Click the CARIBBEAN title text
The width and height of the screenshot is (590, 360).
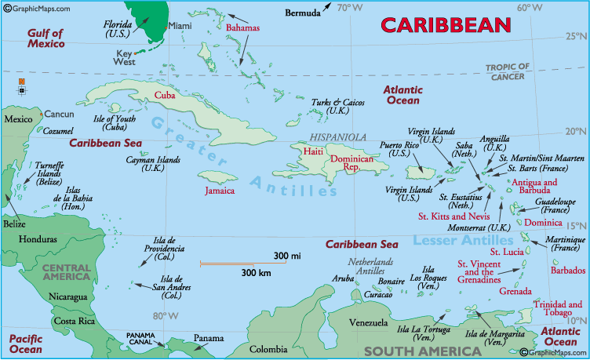[x=446, y=25]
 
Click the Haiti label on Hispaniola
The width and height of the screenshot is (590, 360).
[x=314, y=151]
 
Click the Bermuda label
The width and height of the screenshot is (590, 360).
[x=302, y=13]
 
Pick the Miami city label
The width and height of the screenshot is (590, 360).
[x=180, y=26]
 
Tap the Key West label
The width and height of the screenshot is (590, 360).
[x=126, y=57]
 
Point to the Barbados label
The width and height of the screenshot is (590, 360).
[x=568, y=271]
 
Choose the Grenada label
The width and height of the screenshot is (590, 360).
[x=515, y=291]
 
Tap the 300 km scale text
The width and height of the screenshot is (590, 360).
[x=256, y=273]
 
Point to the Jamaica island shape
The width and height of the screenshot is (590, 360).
[x=217, y=178]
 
